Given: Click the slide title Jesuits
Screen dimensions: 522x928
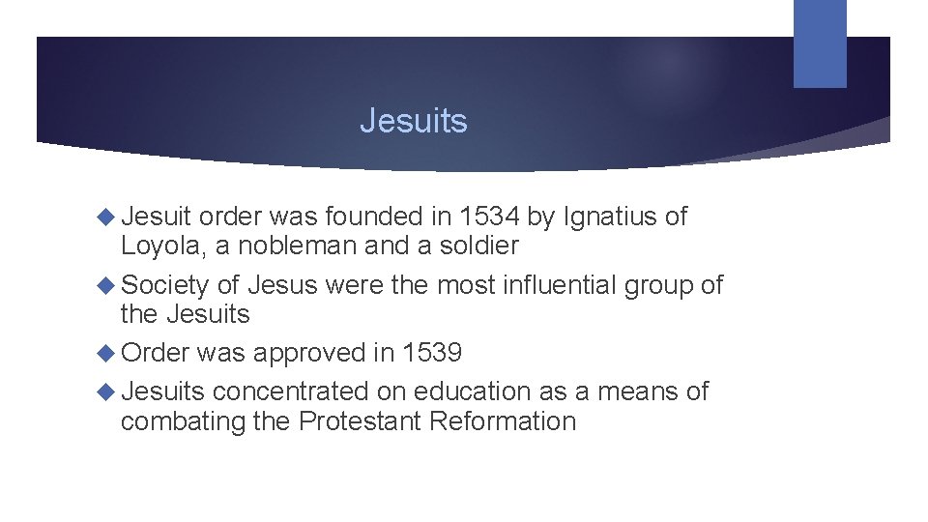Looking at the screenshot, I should click(413, 121).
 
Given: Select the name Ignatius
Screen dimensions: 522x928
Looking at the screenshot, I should click(609, 217).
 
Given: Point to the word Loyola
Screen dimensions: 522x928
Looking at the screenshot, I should click(162, 246).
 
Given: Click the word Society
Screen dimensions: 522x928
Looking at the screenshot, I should click(165, 285).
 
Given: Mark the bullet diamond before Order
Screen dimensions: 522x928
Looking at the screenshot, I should click(107, 353).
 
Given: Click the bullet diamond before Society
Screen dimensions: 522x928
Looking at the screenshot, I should click(107, 285).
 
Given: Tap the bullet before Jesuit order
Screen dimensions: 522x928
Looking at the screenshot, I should click(107, 217).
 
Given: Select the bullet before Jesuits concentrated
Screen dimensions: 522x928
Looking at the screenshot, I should click(107, 391).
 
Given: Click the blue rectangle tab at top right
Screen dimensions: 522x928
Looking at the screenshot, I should click(820, 43).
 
